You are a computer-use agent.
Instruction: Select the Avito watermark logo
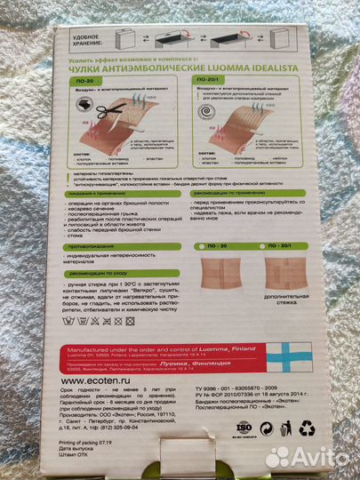pyautogui.click(x=309, y=458)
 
